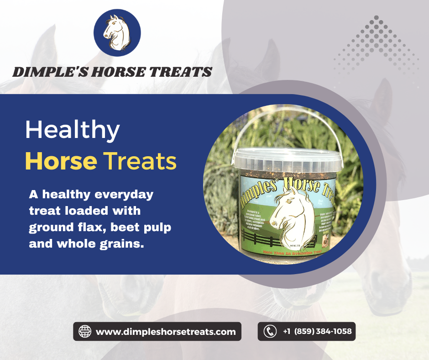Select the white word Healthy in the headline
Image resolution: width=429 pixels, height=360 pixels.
(x=72, y=131)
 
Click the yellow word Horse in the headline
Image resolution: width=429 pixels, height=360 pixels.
(x=61, y=162)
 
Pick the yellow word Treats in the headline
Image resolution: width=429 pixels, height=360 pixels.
(x=140, y=162)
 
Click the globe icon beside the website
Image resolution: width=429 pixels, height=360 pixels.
(x=85, y=331)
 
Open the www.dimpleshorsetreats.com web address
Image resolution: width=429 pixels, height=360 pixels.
(x=166, y=332)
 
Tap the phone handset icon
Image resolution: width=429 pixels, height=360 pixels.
(x=270, y=331)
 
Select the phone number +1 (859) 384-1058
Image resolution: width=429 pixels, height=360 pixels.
(x=317, y=331)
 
